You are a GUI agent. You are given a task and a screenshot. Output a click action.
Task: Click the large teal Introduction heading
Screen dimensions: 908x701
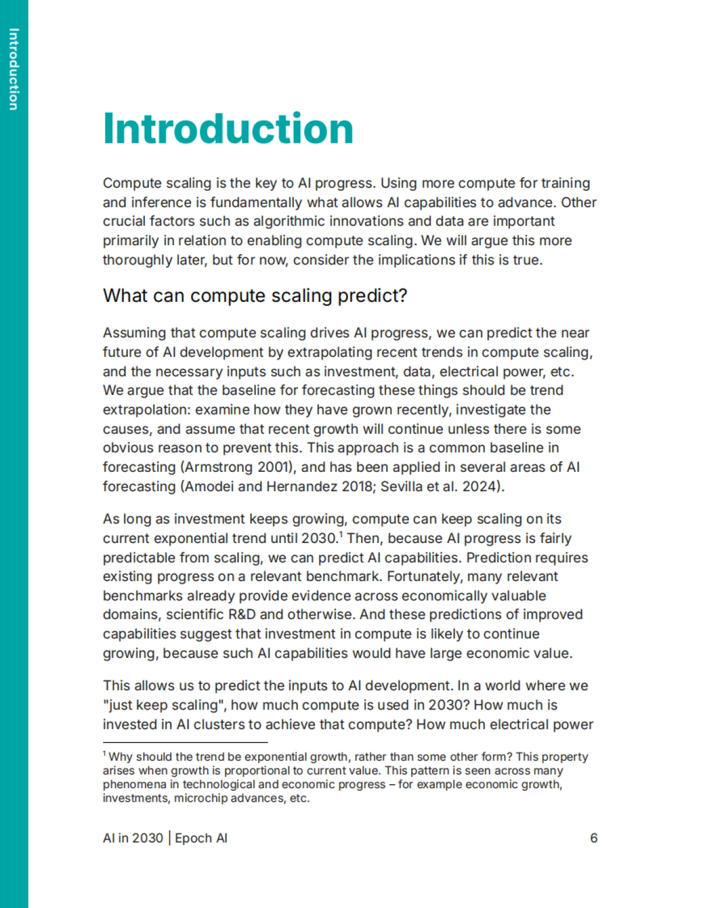tap(228, 128)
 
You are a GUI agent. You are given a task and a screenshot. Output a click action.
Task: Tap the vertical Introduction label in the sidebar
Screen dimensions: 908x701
tap(14, 69)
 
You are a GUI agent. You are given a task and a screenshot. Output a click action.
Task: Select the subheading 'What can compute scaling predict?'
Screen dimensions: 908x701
tap(255, 295)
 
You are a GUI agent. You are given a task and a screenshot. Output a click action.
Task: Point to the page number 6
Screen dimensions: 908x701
tap(594, 838)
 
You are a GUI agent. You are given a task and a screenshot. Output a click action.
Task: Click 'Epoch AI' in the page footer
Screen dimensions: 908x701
tap(201, 838)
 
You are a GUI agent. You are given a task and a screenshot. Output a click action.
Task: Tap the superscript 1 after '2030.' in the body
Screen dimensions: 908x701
tap(341, 534)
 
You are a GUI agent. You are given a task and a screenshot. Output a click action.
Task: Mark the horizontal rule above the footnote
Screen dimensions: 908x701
tap(185, 742)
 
